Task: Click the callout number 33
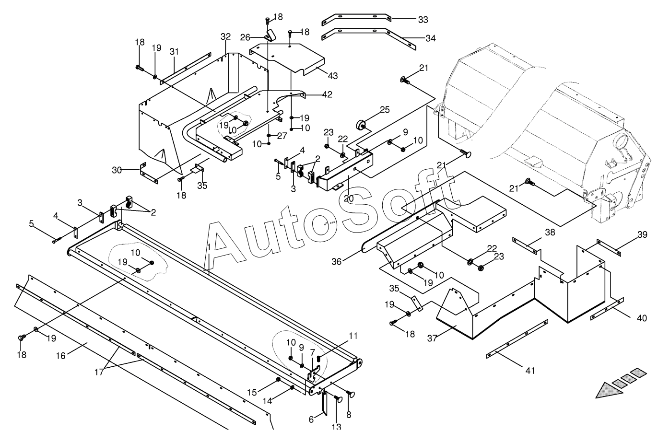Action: [423, 20]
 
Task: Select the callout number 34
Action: [430, 38]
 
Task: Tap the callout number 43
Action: [333, 76]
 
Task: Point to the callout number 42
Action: [328, 94]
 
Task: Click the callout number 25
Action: [385, 110]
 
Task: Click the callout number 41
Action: [529, 371]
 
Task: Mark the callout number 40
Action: [642, 318]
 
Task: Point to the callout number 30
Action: [116, 170]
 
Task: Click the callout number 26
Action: [258, 37]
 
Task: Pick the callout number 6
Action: [311, 419]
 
